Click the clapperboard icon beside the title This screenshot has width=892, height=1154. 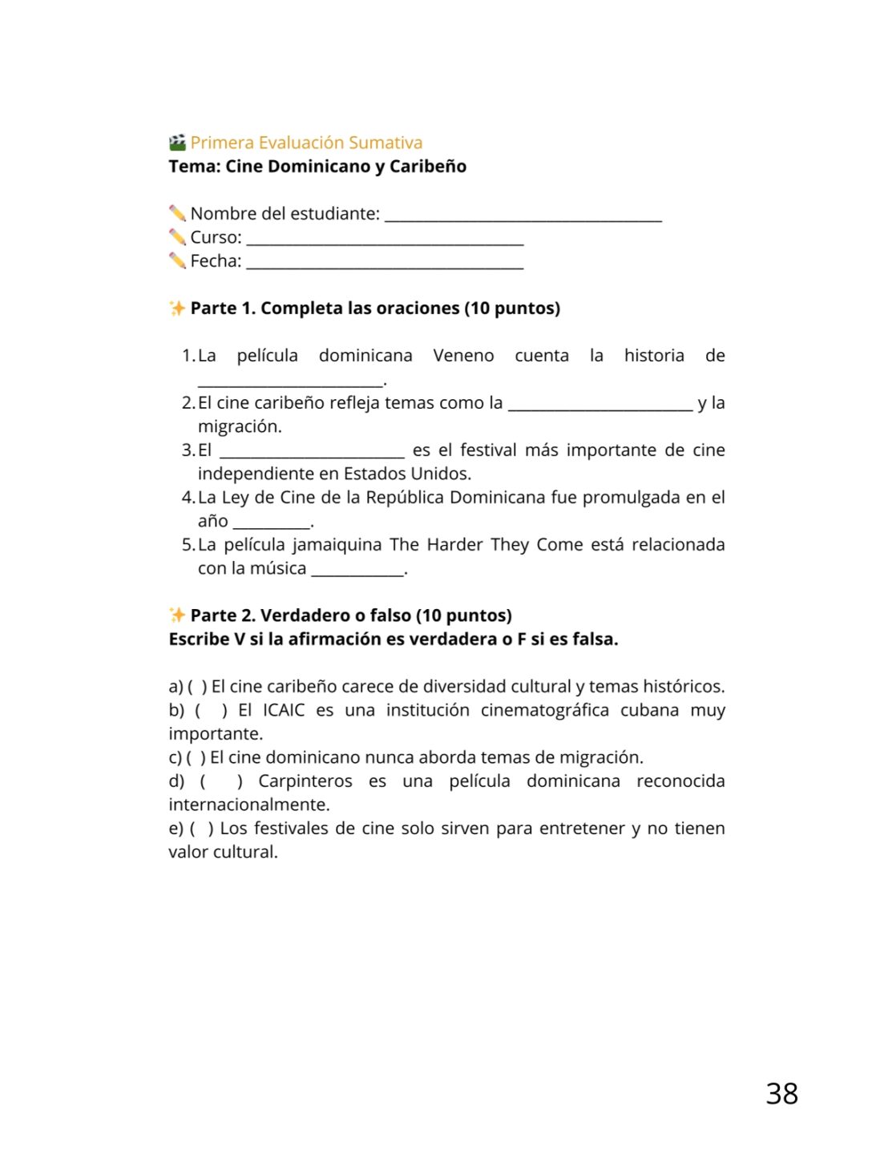click(x=177, y=143)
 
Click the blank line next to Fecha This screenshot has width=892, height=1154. click(x=385, y=264)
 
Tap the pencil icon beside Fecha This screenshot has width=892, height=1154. click(x=177, y=260)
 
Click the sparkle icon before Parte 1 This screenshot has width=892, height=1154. click(x=177, y=309)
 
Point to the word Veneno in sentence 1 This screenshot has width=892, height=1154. click(x=463, y=356)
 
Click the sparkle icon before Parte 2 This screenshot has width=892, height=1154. click(x=177, y=615)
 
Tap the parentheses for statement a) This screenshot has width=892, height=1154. click(x=197, y=687)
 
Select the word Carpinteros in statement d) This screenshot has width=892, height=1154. click(x=305, y=781)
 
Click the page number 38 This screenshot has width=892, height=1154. click(x=781, y=1094)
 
